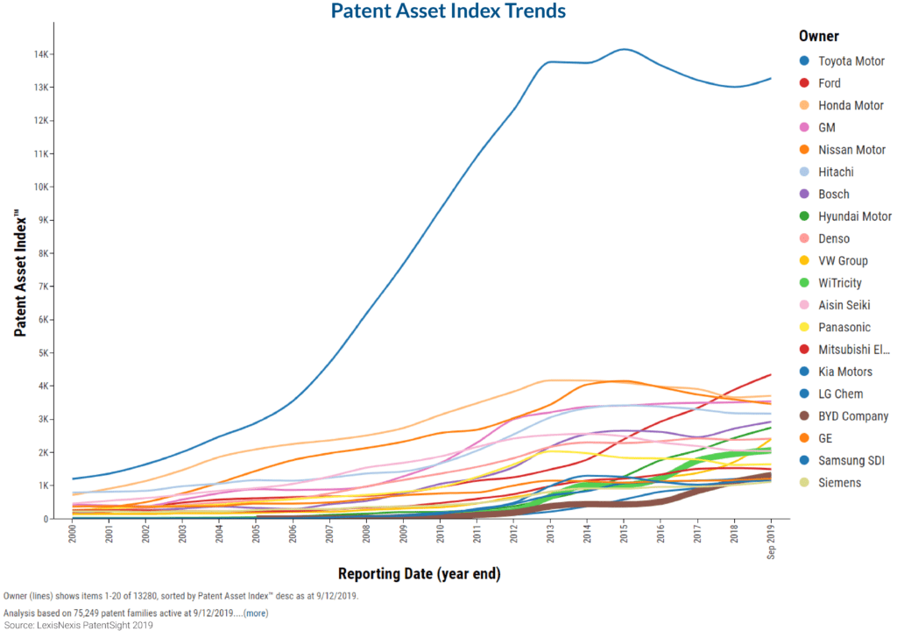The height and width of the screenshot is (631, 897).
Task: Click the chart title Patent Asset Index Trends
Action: pos(448,11)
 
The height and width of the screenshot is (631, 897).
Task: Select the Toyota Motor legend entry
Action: pos(842,60)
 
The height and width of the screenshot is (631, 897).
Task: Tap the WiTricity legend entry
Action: pos(830,283)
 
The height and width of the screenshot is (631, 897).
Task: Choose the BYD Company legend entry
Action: pos(844,416)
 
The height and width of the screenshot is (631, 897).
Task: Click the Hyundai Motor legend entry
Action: pos(845,216)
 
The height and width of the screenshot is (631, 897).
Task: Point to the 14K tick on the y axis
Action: pos(40,54)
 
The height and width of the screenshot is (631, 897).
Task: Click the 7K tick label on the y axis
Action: pos(44,287)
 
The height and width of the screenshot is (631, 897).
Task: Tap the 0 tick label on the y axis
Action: pos(46,519)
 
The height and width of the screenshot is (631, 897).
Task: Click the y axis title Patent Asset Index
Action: pos(20,273)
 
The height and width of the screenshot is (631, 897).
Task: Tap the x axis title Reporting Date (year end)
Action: pos(420,574)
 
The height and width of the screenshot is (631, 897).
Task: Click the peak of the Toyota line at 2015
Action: pos(624,49)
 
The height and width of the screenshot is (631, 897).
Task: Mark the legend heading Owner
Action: pos(819,36)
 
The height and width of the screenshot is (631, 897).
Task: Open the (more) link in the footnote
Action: pos(256,613)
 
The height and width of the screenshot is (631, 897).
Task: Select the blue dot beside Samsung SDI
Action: pos(804,460)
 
